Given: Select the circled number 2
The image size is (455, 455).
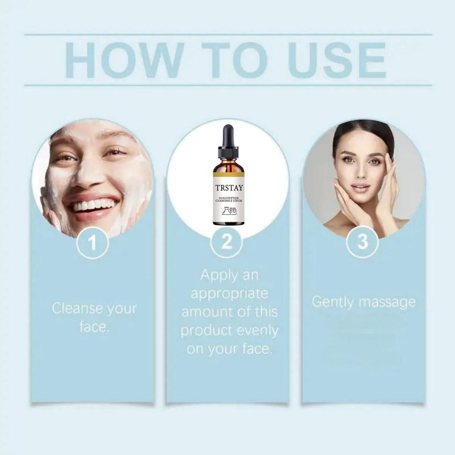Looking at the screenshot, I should tap(227, 242).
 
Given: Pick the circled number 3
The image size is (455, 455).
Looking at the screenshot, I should tap(363, 242).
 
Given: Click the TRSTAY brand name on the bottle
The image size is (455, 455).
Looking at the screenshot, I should tap(229, 188).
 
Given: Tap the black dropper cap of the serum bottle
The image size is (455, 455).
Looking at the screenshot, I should tap(228, 141).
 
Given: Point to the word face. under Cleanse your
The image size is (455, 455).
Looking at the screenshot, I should tap(94, 327).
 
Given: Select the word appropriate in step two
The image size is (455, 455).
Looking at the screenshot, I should tap(229, 294).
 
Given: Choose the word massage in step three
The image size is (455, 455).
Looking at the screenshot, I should tap(387, 303).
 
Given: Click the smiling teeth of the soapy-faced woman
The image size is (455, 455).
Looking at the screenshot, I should tap(94, 205).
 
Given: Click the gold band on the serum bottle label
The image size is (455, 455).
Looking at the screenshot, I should tap(228, 175).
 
